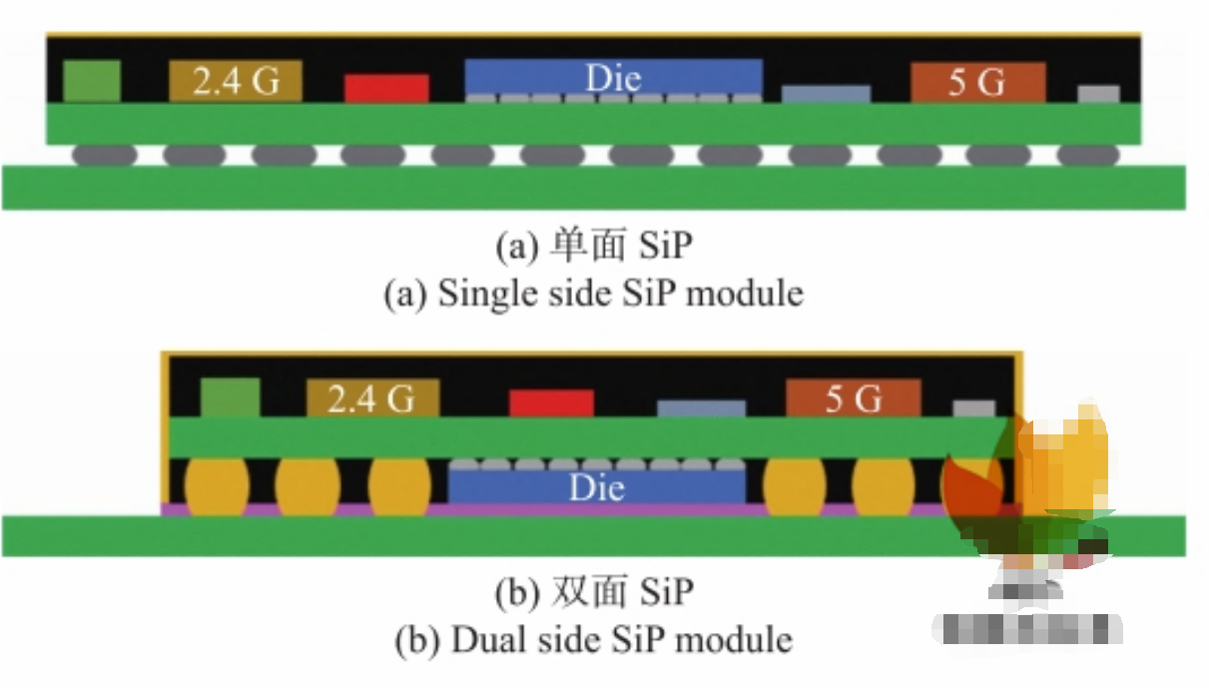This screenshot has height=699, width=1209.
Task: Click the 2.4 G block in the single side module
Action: coord(235,81)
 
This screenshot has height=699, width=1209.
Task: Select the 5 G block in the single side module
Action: coord(977,82)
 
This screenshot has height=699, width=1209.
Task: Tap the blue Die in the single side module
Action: coord(613,77)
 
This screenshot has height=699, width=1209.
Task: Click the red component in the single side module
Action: coord(386,88)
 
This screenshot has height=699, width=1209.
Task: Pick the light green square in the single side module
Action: coord(92,81)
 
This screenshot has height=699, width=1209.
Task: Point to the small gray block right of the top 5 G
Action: coord(1098,94)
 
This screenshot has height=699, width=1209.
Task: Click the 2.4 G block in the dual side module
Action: coord(372,398)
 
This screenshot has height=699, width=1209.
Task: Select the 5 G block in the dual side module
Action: coord(853,398)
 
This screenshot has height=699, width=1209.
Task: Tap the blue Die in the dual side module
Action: coord(597,486)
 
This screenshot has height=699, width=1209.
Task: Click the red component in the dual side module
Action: coord(551,402)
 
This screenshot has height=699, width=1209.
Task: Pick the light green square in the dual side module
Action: coord(230,396)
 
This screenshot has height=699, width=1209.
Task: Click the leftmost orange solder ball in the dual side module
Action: coord(215,486)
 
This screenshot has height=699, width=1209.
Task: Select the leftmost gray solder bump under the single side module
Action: coord(104,155)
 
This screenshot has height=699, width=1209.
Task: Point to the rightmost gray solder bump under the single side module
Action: coord(1087,155)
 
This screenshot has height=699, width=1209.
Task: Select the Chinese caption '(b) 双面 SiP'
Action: coord(593,591)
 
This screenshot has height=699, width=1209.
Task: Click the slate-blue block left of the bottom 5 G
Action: coord(701,408)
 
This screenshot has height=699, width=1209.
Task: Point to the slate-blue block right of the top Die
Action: coord(826,94)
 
